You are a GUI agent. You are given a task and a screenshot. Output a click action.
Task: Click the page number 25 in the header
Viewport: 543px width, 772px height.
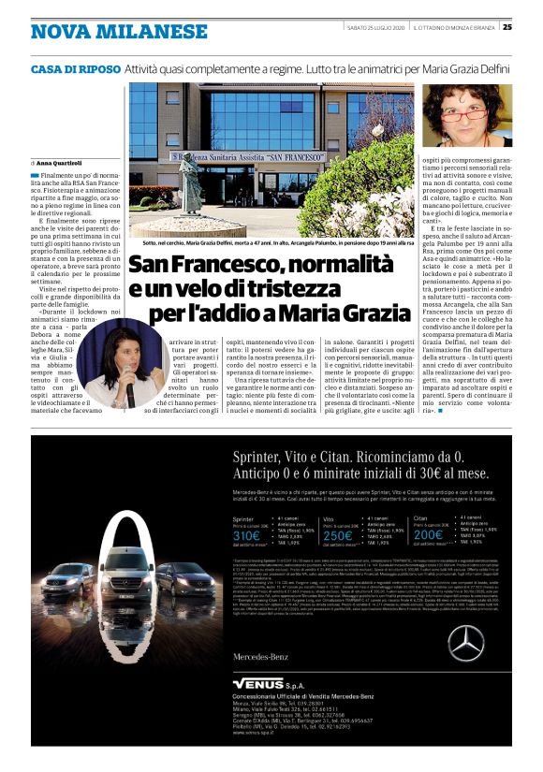click(x=506, y=26)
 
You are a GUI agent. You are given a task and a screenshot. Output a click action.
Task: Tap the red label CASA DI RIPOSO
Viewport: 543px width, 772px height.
click(x=76, y=69)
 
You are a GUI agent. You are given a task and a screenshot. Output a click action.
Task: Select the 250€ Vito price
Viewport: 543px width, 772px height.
click(x=340, y=536)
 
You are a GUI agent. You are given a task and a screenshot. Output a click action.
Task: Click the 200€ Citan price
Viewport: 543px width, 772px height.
click(x=430, y=536)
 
